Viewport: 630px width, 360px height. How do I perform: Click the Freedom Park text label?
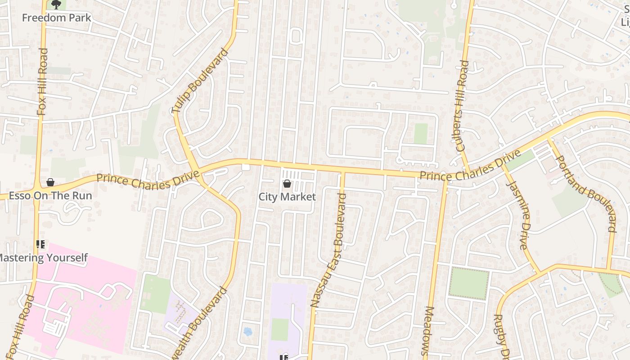[57, 18]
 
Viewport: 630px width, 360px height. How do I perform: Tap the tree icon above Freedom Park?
[56, 5]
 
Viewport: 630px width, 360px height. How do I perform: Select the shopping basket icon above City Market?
[287, 184]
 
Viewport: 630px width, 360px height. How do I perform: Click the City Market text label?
[287, 197]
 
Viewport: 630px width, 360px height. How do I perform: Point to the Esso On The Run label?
[50, 196]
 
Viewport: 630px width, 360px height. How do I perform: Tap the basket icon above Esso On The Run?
[50, 182]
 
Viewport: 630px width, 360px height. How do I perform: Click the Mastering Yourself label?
[43, 258]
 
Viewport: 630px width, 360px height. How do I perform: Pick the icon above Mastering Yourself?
[40, 245]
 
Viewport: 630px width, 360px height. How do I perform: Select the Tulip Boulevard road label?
[200, 81]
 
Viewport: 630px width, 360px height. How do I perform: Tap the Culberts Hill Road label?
[462, 106]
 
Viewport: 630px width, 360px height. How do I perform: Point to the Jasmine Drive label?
[517, 215]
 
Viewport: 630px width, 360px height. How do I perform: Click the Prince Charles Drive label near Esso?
[148, 181]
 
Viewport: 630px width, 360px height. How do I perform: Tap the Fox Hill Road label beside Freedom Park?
[42, 82]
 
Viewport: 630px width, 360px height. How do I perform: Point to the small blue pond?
[247, 332]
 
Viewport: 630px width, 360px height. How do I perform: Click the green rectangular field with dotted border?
[469, 283]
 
